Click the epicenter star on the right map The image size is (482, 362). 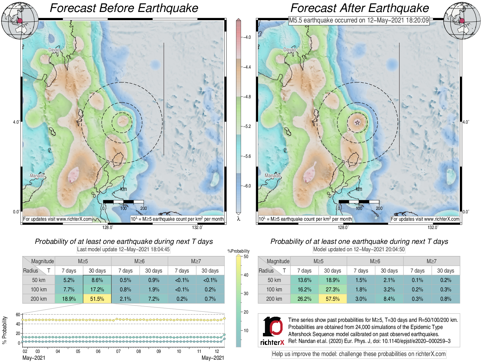tap(357, 122)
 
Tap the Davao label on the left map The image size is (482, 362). tap(54, 50)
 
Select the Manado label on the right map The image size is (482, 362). tap(273, 175)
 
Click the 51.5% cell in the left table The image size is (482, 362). tap(97, 299)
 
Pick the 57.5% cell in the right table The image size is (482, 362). tap(332, 299)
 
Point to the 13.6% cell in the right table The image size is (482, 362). tap(304, 280)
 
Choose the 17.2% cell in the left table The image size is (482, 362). tap(97, 289)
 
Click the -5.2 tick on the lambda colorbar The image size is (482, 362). tap(247, 126)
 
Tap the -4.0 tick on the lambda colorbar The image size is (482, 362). tap(247, 37)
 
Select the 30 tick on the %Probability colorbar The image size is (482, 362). tap(246, 293)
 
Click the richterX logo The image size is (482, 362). tap(272, 331)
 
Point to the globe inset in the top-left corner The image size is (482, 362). tap(20, 21)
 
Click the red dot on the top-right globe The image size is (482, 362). tap(462, 21)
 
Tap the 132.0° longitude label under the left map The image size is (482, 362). tap(197, 227)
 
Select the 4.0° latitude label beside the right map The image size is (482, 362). tap(466, 122)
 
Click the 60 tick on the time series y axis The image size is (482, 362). tap(18, 315)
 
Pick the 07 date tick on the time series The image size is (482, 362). tap(118, 351)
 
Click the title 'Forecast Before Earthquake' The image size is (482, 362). tap(124, 8)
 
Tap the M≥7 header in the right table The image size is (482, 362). tap(431, 261)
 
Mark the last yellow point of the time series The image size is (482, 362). tap(224, 318)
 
